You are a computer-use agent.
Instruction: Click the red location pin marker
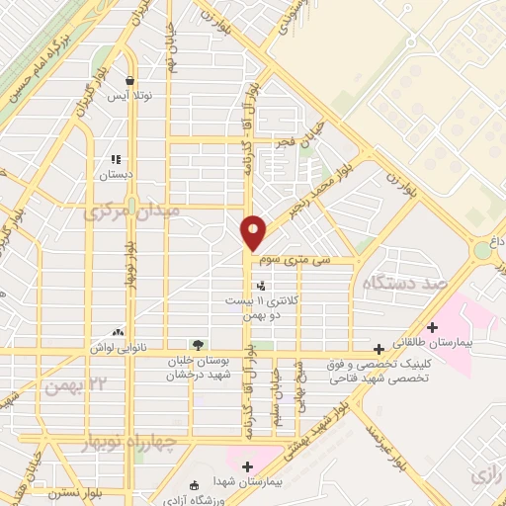254,232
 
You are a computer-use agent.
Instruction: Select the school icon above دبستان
116,158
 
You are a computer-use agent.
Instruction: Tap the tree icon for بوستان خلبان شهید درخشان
199,345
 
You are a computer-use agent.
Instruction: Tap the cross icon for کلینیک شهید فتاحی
379,349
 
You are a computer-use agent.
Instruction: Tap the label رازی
488,472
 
